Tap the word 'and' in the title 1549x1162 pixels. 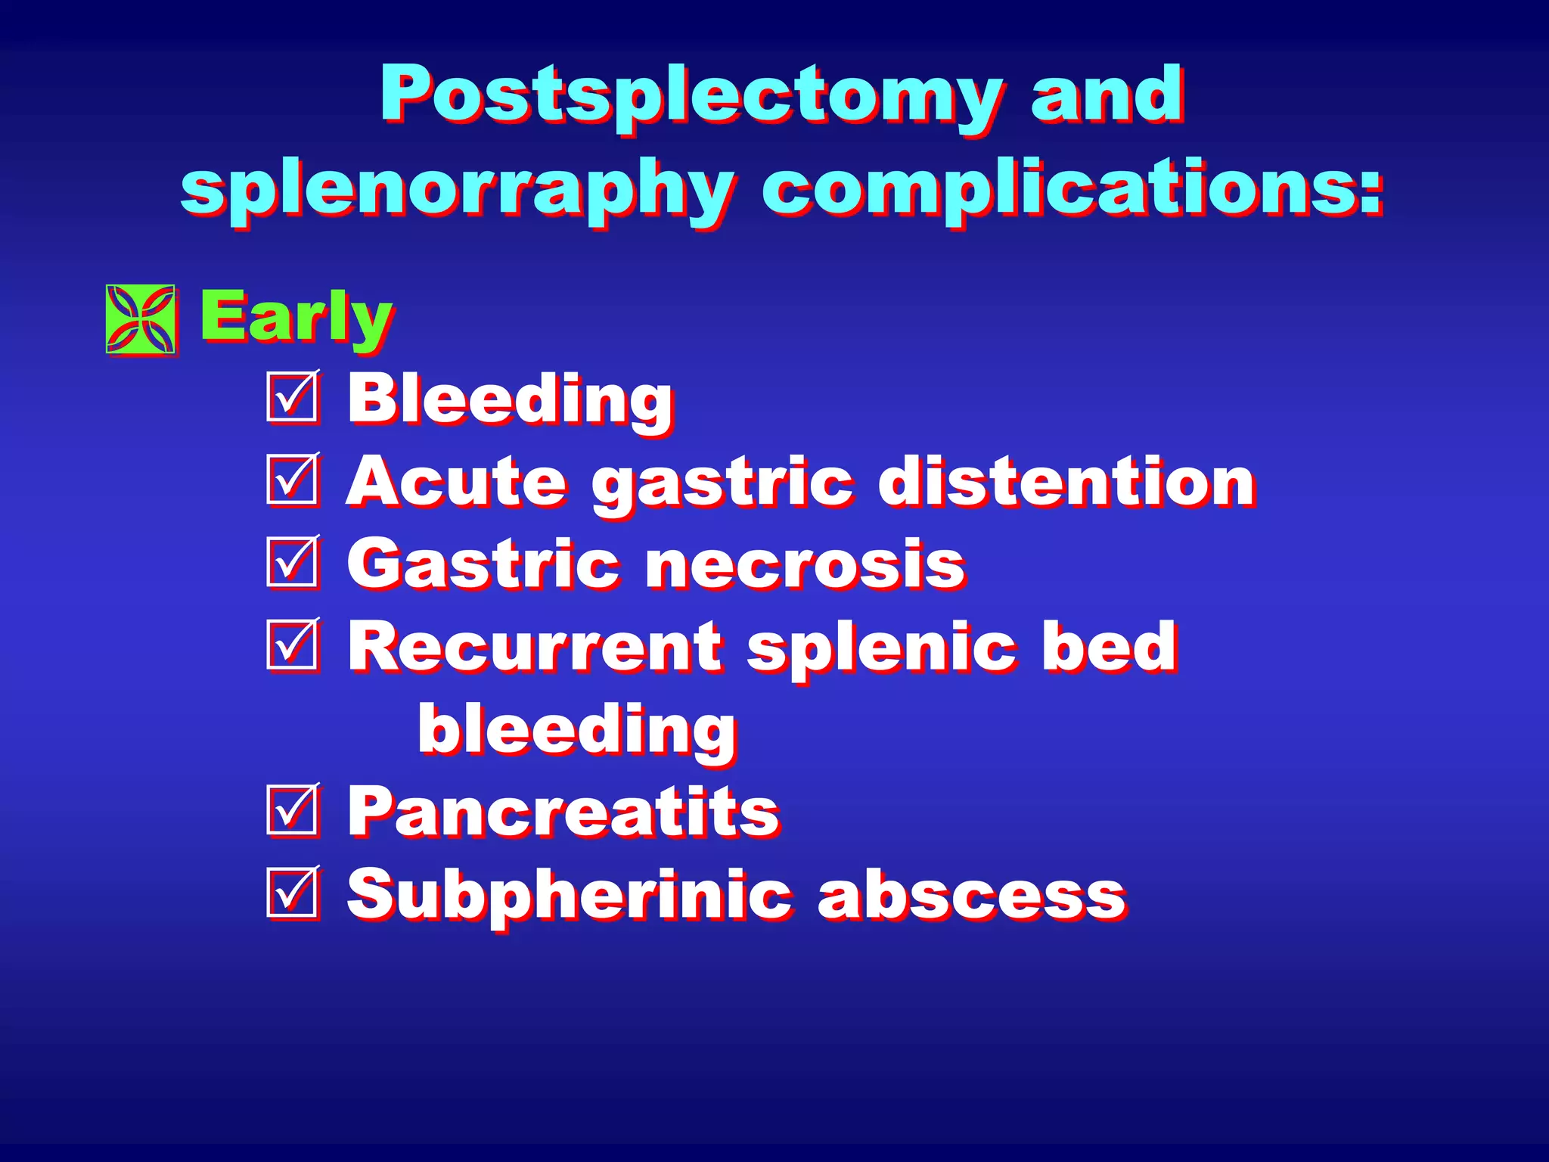[x=1107, y=94]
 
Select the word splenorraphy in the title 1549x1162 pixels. [x=457, y=189]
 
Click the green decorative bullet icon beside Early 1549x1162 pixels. [x=141, y=319]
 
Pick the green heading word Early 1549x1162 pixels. [x=296, y=318]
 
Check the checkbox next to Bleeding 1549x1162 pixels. [x=292, y=397]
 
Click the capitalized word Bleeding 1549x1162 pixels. [x=510, y=400]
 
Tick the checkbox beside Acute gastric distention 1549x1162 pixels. [x=292, y=480]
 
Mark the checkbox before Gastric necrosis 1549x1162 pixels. [x=292, y=563]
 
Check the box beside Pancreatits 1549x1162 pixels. [x=292, y=810]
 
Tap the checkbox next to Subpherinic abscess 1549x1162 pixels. [x=292, y=893]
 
